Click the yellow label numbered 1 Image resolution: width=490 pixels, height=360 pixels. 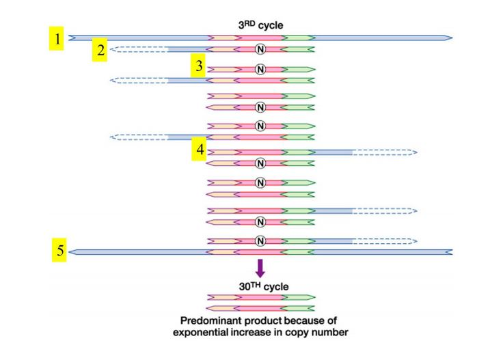[x=58, y=40]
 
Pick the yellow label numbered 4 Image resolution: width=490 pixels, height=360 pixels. [x=200, y=149]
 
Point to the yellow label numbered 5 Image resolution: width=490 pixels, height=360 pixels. [x=59, y=251]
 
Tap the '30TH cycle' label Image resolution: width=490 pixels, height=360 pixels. [x=259, y=286]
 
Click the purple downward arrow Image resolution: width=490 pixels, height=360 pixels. [x=260, y=267]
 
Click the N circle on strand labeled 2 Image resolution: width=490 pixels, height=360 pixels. [x=260, y=49]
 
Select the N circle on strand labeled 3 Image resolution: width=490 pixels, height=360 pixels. [x=260, y=69]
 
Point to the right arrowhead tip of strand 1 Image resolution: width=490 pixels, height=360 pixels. [x=450, y=37]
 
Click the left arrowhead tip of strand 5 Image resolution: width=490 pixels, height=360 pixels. [x=72, y=251]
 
